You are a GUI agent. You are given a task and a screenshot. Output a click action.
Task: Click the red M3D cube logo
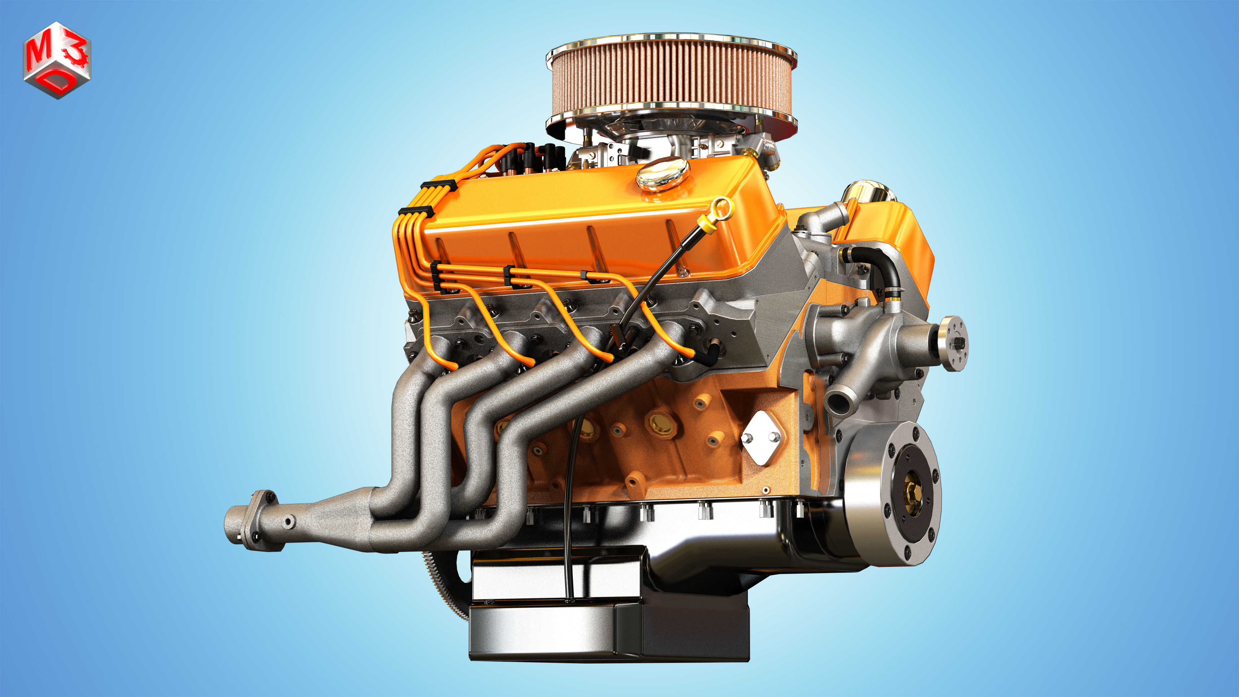click(x=57, y=60)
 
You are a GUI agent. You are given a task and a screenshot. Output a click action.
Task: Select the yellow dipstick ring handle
click(x=721, y=209)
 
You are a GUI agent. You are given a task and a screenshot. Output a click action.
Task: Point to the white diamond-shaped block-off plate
click(x=762, y=438)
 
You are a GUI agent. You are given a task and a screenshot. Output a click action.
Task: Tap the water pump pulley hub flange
click(x=954, y=343)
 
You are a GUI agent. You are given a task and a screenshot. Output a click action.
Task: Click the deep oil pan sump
click(x=608, y=628)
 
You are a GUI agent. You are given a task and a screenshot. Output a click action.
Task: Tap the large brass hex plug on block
click(x=661, y=423)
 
